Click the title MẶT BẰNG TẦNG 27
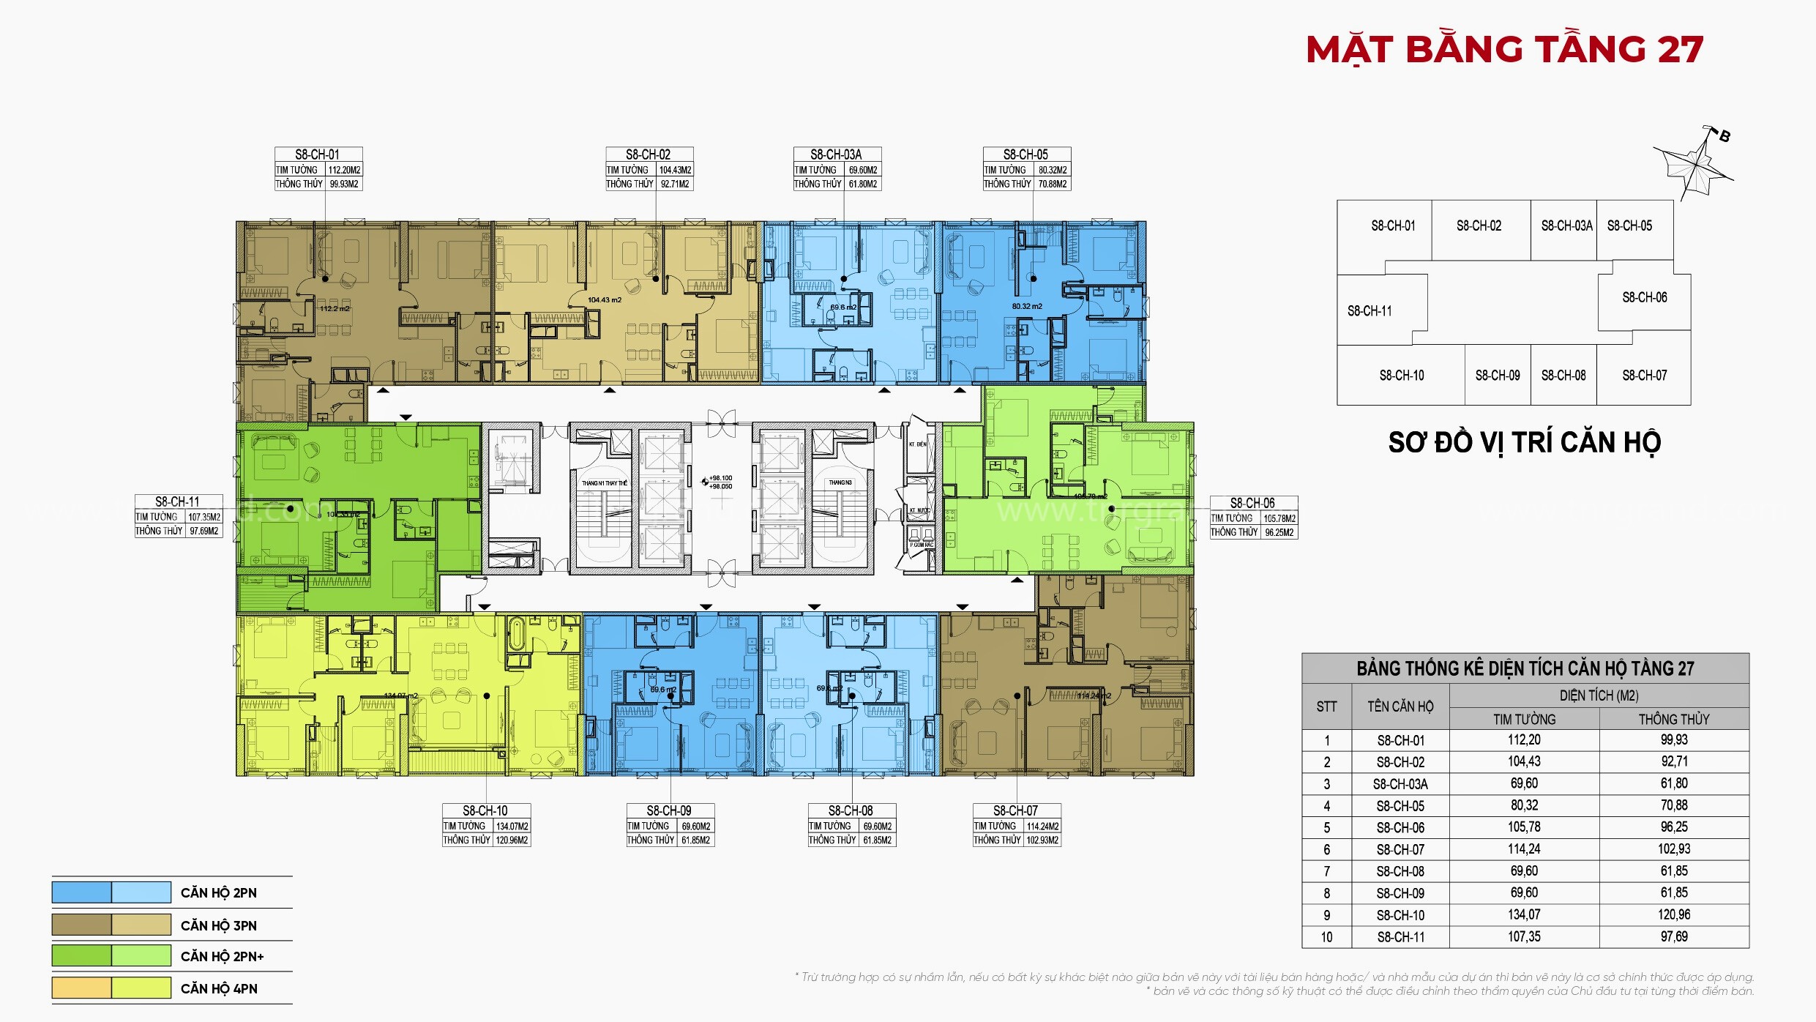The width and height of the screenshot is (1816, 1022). click(x=1505, y=50)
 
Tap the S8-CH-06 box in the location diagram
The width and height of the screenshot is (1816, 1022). click(x=1644, y=297)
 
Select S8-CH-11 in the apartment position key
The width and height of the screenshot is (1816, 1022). click(x=1369, y=311)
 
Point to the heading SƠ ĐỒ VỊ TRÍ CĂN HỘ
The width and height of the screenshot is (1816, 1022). click(x=1524, y=443)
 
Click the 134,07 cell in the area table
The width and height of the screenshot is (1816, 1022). click(x=1524, y=915)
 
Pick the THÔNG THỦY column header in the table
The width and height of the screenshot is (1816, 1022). click(x=1673, y=719)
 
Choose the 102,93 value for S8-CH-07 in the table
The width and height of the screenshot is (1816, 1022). click(x=1673, y=849)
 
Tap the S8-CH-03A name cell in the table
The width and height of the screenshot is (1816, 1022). click(x=1400, y=784)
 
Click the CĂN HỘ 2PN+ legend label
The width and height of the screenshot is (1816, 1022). click(x=222, y=957)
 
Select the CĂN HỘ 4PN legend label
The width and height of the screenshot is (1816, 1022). click(x=219, y=989)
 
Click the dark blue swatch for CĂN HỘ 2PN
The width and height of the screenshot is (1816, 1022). click(x=81, y=892)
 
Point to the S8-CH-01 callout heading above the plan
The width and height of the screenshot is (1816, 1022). click(x=318, y=154)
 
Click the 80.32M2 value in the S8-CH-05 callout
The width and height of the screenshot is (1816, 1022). click(x=1052, y=170)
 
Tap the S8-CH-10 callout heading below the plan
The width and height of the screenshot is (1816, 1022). click(x=485, y=810)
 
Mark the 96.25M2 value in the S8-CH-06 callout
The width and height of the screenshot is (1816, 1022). click(x=1279, y=532)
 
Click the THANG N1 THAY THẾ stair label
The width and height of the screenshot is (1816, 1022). click(x=604, y=483)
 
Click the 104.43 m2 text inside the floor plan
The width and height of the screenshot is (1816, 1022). click(x=604, y=300)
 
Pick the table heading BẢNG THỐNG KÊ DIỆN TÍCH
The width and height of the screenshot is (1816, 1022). click(x=1525, y=668)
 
